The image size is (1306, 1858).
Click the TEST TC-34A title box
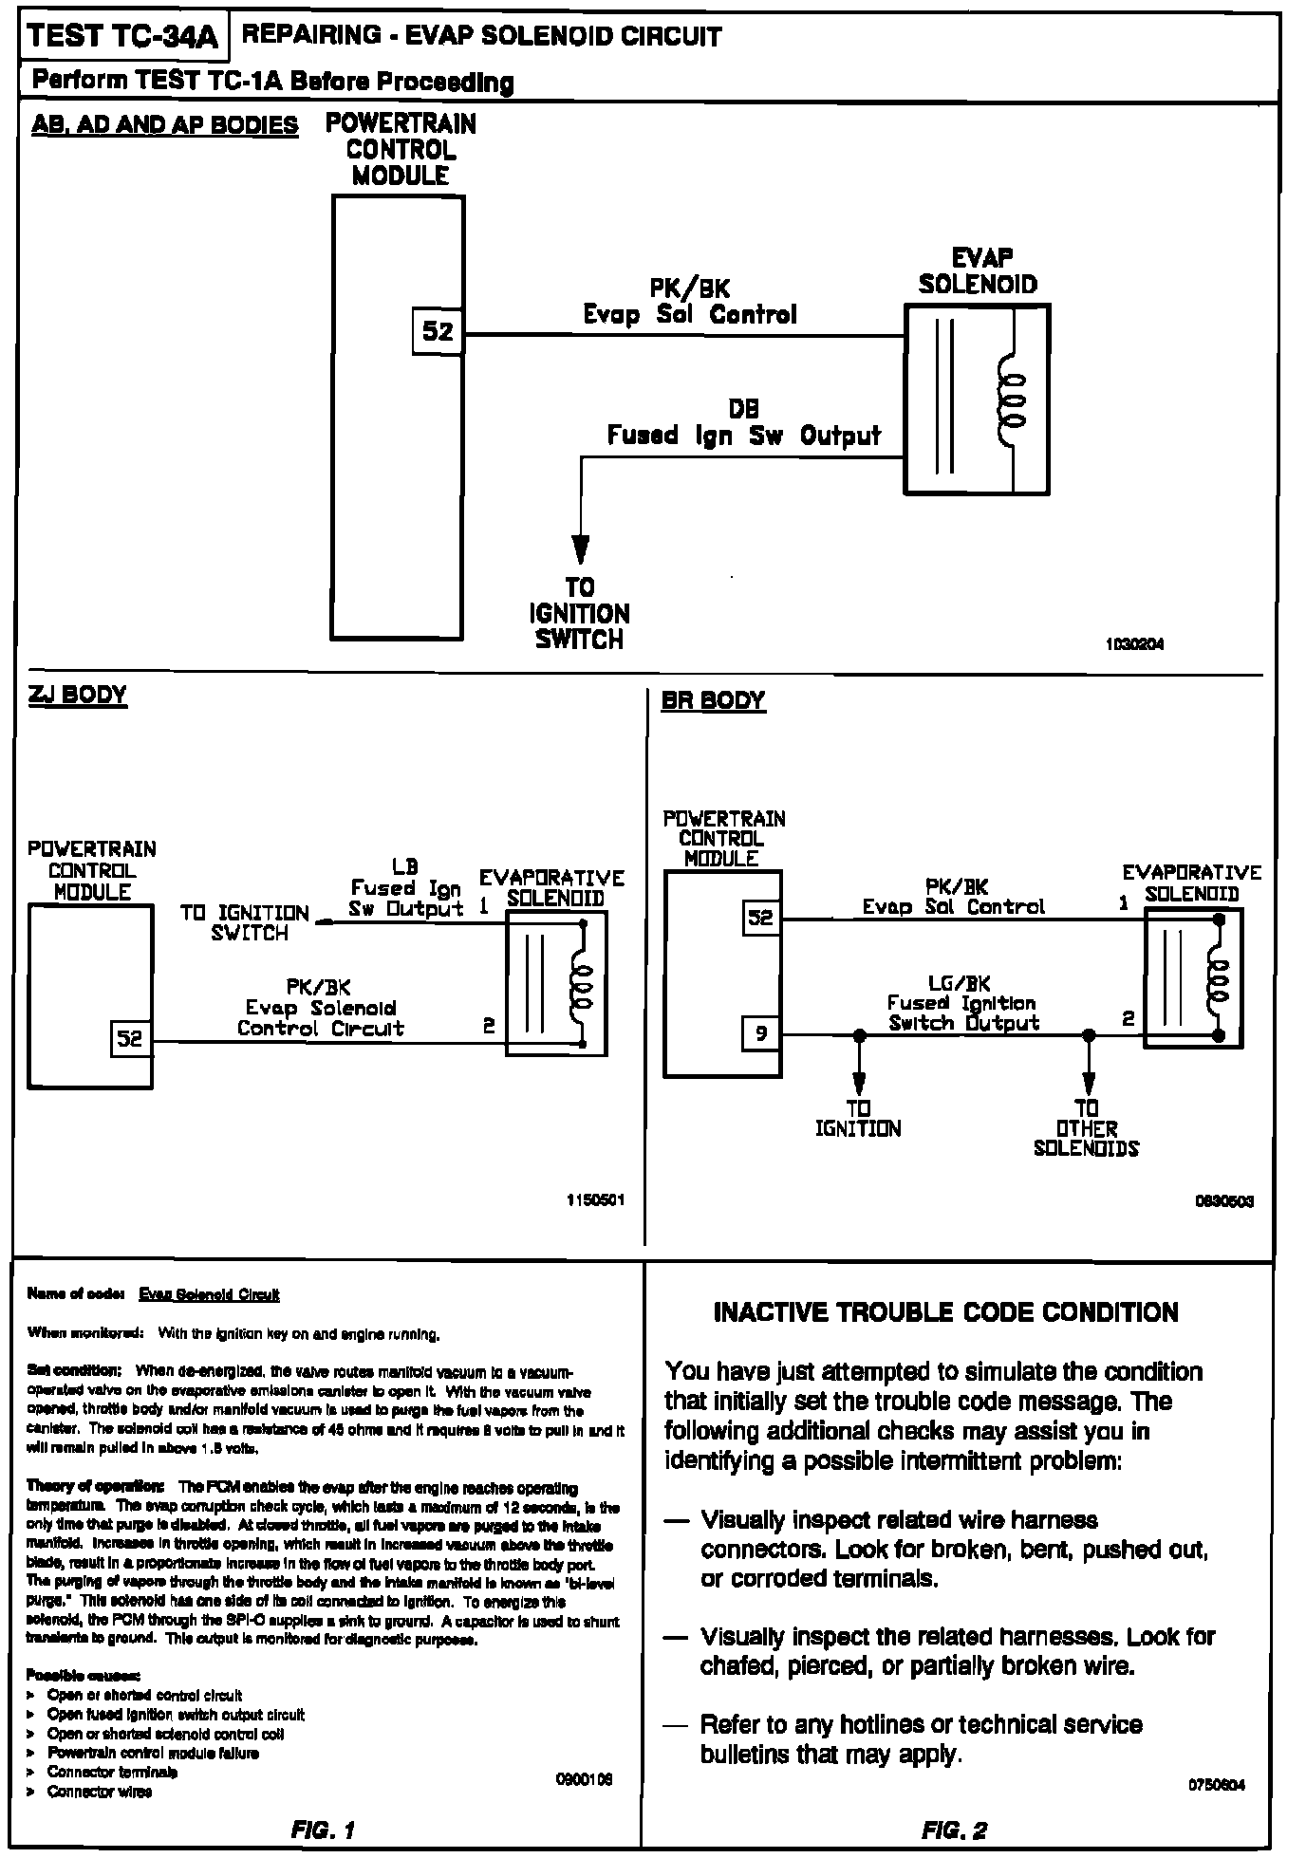pos(123,37)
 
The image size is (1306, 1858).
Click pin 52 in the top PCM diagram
pos(438,331)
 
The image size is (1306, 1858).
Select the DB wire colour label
pos(744,409)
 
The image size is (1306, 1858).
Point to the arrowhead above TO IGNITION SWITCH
pos(580,549)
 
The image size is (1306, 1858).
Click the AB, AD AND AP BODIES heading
pos(165,125)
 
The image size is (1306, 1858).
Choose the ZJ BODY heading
pos(77,695)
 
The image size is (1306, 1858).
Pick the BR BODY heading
pos(713,700)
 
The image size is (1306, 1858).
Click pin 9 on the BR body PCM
pos(760,1033)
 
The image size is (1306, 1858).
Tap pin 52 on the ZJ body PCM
pos(129,1038)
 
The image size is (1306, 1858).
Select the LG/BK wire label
pos(959,984)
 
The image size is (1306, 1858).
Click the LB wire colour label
pos(405,866)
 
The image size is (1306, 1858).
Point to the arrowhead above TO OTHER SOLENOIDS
pos(1089,1082)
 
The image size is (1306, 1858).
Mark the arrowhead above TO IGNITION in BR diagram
pos(859,1082)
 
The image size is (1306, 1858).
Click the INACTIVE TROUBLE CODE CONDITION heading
pos(945,1312)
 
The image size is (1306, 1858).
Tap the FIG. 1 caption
pos(322,1830)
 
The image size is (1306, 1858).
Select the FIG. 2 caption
pos(954,1830)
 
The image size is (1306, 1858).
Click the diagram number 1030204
pos(1134,644)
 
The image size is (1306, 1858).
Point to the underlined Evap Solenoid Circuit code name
pos(209,1294)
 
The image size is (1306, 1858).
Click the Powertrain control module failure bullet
pos(153,1754)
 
